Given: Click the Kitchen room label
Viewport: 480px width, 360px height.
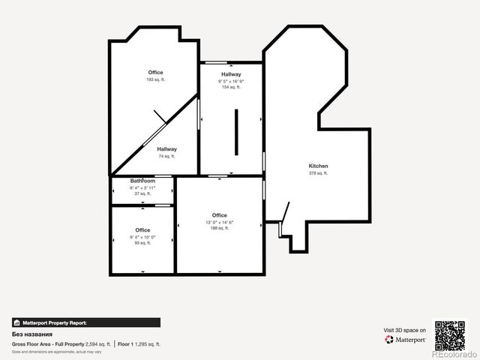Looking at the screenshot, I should (x=318, y=166).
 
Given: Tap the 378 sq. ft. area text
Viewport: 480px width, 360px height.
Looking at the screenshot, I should (x=318, y=173).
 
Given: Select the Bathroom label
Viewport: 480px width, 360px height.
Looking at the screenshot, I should (x=142, y=181).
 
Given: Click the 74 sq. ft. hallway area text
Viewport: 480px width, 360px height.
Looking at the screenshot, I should (x=166, y=157).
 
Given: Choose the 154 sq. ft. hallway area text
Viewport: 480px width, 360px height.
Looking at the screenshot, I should (x=230, y=87).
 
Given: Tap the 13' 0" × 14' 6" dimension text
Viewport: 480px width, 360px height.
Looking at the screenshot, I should (x=219, y=222).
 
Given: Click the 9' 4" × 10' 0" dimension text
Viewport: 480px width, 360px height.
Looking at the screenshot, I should (x=142, y=237).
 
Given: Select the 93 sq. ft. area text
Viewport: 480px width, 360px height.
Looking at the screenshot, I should (x=142, y=243).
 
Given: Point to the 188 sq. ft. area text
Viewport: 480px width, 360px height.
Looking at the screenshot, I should (x=219, y=228).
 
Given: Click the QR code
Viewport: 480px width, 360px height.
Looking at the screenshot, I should (x=450, y=335).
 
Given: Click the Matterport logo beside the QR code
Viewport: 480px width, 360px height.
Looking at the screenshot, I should (x=406, y=340).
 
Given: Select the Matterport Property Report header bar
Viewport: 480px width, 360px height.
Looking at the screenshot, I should (x=85, y=322).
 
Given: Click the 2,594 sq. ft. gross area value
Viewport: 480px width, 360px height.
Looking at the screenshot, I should (x=97, y=343).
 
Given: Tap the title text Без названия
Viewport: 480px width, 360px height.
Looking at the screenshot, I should (x=27, y=334).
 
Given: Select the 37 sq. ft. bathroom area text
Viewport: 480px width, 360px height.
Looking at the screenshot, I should (x=142, y=193).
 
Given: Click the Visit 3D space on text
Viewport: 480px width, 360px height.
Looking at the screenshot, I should (x=405, y=330).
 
